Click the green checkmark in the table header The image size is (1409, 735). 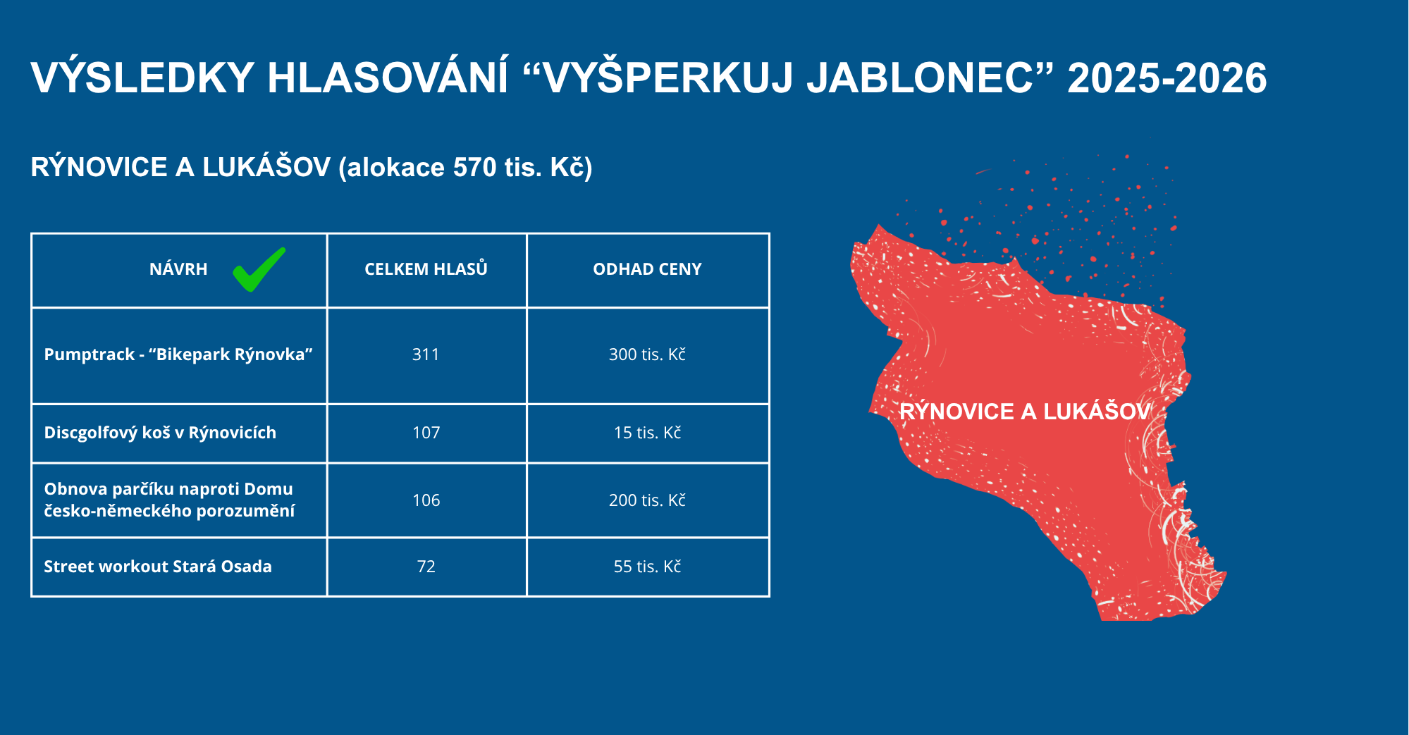259,270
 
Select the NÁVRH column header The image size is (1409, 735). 178,269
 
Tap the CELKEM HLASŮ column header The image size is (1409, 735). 426,268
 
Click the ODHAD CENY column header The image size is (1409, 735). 647,269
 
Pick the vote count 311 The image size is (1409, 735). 426,354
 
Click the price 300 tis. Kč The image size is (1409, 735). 647,354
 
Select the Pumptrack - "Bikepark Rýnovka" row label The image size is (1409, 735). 178,354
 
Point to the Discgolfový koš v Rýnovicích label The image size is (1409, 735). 160,432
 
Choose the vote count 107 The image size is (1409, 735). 426,433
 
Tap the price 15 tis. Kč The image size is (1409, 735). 647,432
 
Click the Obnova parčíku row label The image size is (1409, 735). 169,500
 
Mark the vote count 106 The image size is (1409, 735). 426,500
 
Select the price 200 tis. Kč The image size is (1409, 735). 647,500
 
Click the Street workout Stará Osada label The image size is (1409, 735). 158,567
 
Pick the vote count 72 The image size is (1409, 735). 426,567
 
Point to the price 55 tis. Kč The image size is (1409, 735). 647,566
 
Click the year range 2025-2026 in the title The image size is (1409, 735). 1167,78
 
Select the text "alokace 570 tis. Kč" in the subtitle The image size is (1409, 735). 465,168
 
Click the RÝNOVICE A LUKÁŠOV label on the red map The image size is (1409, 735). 1025,412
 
